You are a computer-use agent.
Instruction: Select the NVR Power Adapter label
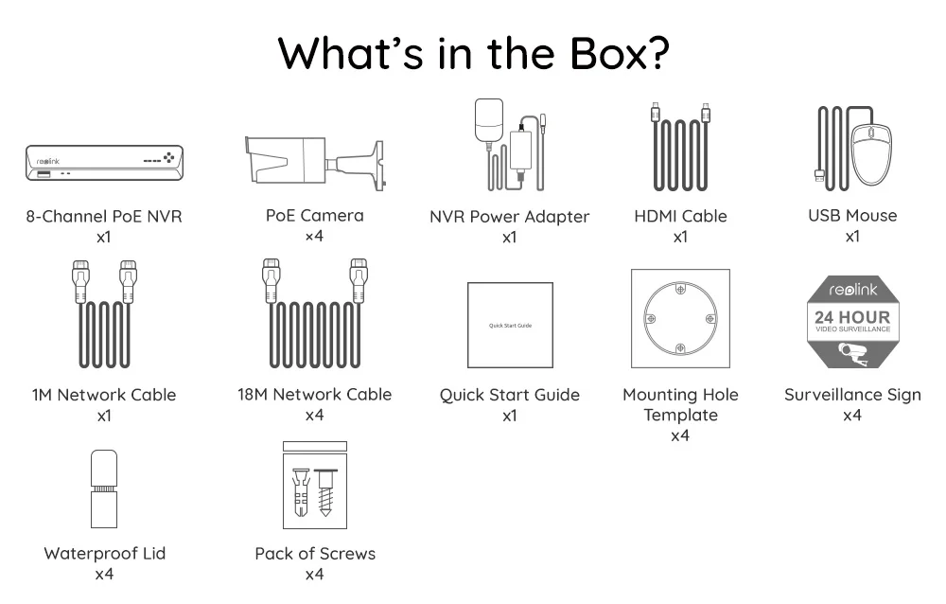click(x=509, y=217)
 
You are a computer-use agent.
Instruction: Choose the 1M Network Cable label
click(x=104, y=395)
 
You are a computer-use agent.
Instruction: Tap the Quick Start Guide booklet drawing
click(x=510, y=325)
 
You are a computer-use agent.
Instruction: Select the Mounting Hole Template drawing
click(x=681, y=319)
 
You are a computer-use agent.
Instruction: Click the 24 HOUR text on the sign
click(x=852, y=316)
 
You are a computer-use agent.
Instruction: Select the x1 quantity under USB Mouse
click(x=852, y=236)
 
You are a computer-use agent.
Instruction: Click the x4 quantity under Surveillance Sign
click(x=852, y=416)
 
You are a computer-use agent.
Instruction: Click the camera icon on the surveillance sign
click(x=853, y=354)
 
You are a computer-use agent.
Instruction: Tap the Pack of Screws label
click(x=315, y=554)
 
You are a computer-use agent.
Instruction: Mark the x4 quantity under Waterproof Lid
click(x=104, y=574)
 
